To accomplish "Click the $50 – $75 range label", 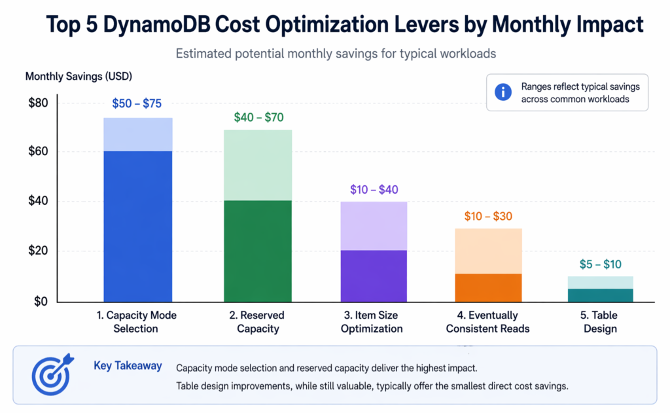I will [x=138, y=103].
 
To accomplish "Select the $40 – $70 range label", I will [x=258, y=118].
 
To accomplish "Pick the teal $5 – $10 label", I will [x=600, y=264].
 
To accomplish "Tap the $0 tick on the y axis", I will [x=40, y=301].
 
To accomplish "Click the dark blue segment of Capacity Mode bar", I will [x=138, y=226].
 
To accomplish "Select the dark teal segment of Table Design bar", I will [x=600, y=295].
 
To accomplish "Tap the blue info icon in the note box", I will [x=502, y=92].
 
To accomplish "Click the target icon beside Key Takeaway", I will [x=51, y=375].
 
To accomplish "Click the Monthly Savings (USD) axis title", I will [x=79, y=77].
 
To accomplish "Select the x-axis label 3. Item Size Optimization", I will [x=372, y=322].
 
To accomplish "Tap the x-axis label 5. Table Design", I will [x=600, y=322].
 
